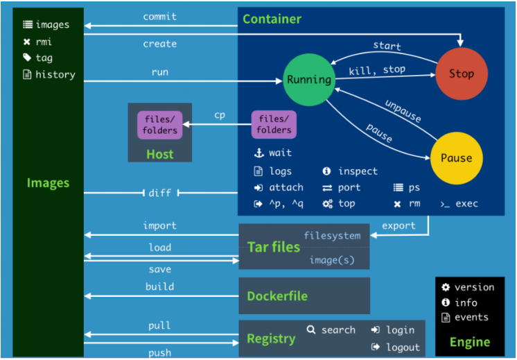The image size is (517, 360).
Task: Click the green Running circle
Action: click(x=309, y=80)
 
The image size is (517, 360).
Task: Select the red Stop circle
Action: click(x=461, y=74)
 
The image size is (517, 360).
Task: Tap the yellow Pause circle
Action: click(x=456, y=158)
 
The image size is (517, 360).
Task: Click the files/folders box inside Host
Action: click(x=160, y=124)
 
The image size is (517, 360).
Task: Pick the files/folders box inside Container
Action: click(x=274, y=124)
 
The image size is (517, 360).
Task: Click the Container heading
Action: click(x=272, y=19)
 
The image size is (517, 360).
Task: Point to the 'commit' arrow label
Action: click(x=159, y=16)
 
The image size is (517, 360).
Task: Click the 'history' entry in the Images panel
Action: click(x=55, y=74)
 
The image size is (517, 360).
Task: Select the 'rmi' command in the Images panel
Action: click(x=44, y=42)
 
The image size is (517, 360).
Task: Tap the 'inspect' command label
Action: click(x=358, y=171)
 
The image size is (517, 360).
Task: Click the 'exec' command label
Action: click(x=466, y=204)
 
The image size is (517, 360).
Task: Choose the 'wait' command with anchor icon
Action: click(x=280, y=153)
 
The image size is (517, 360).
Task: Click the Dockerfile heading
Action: click(x=277, y=296)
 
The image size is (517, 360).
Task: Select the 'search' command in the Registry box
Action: click(x=338, y=330)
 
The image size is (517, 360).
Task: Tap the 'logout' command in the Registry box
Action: click(x=403, y=347)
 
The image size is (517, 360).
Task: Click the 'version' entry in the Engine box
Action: click(x=474, y=287)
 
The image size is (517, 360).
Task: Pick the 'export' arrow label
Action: click(x=398, y=225)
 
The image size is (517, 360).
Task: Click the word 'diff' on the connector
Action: click(x=159, y=193)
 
